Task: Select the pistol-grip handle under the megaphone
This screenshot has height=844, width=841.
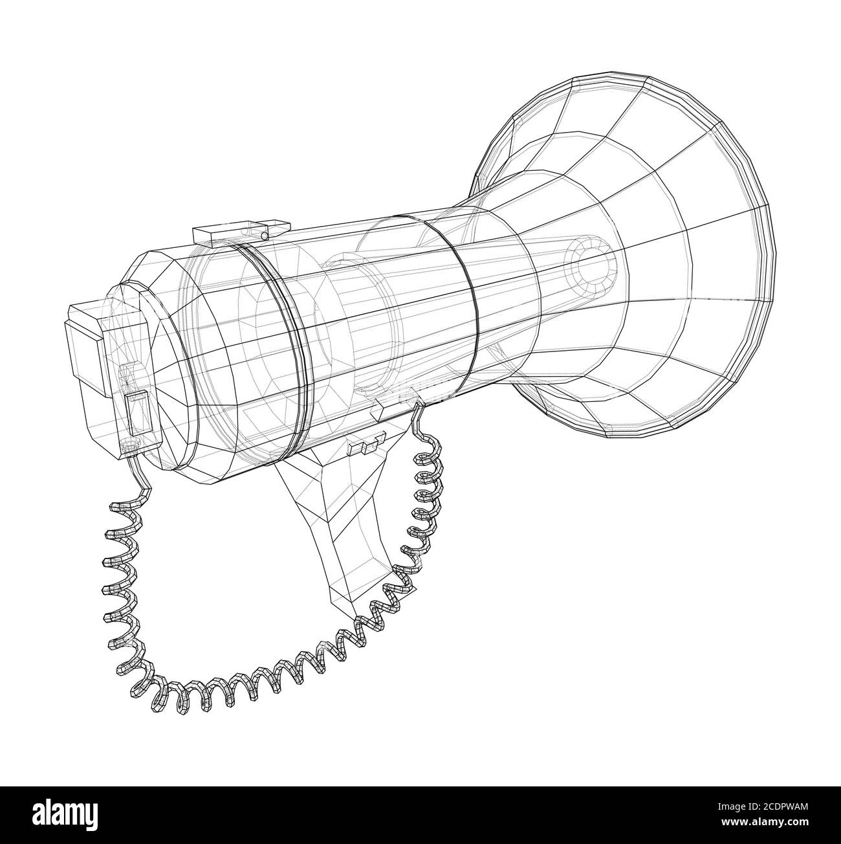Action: pos(336,518)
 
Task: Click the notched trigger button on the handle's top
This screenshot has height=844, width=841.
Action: pos(366,446)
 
